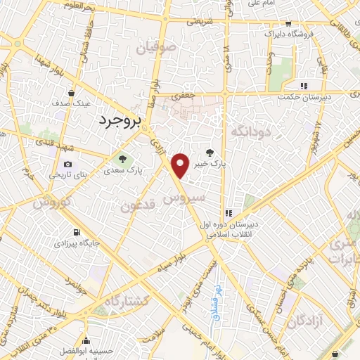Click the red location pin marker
[x=181, y=165]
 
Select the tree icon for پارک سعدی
[x=123, y=160]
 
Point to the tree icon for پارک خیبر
[x=210, y=152]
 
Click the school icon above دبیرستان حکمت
[x=304, y=86]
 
